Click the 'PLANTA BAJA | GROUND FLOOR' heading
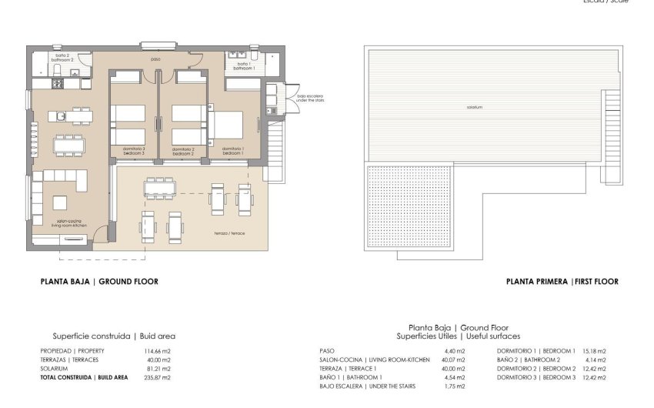click(99, 282)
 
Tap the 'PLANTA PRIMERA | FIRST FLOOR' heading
click(562, 282)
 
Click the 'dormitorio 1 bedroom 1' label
click(232, 151)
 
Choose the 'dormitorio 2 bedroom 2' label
click(182, 151)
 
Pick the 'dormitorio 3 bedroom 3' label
click(133, 151)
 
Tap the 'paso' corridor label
click(155, 59)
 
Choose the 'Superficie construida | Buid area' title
click(114, 336)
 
